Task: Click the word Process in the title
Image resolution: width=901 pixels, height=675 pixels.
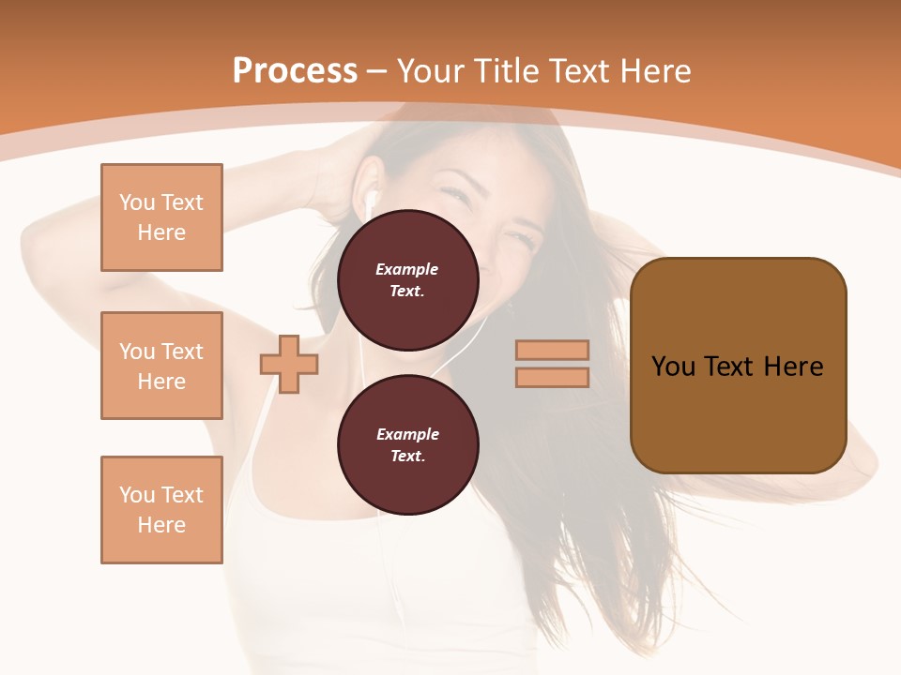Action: tap(295, 71)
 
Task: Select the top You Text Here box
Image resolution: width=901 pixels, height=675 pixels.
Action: tap(161, 217)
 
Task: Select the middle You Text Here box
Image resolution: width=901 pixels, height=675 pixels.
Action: tap(161, 366)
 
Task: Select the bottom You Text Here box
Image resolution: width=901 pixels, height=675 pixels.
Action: tap(161, 510)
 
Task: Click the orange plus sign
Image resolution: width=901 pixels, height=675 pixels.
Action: tap(289, 364)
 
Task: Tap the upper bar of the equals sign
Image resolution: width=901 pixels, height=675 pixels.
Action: tap(552, 350)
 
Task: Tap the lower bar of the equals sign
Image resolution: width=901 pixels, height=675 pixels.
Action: tap(552, 378)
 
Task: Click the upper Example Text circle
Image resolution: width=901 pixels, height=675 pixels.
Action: tap(408, 279)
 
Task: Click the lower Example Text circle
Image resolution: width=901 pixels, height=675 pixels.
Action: tap(408, 444)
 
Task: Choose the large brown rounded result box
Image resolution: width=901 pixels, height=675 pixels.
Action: tap(739, 366)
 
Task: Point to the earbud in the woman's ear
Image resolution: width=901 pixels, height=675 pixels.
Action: tap(370, 200)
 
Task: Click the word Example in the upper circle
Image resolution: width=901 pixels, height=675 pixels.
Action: tap(407, 269)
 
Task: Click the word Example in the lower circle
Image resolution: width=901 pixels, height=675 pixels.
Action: tap(407, 434)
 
